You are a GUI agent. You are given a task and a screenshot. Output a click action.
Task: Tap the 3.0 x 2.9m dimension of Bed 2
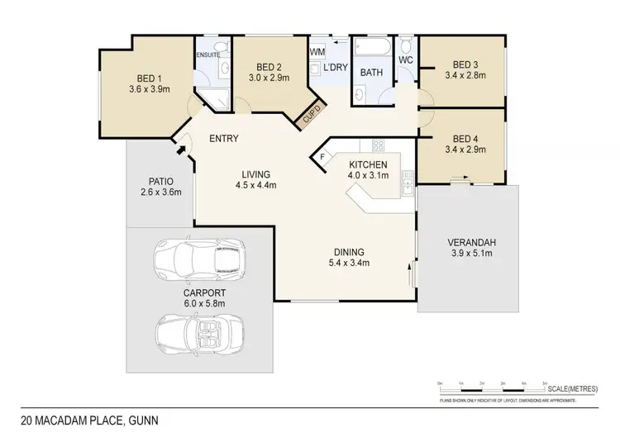pos(269,78)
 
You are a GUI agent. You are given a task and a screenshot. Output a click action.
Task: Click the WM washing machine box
pos(317,52)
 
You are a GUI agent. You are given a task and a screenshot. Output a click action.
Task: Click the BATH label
pos(370,72)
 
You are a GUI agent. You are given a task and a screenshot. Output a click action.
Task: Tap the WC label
pos(405,60)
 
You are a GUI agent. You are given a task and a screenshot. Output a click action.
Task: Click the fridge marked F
pos(322,156)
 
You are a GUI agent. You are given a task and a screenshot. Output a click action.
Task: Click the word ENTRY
pos(224,138)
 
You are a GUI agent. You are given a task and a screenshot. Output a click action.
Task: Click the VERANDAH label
pos(470,241)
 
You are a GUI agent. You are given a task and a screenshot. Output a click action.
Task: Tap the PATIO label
pos(160,180)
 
